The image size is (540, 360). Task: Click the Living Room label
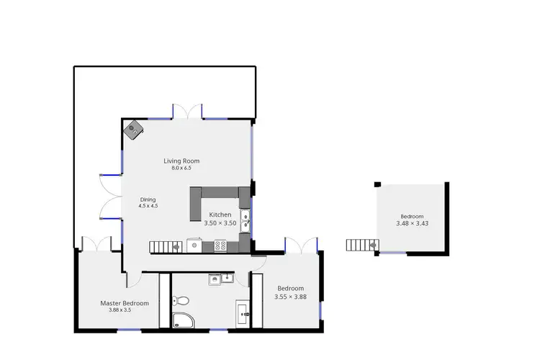click(181, 161)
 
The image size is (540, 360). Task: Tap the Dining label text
click(148, 199)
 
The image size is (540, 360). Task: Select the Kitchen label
click(220, 215)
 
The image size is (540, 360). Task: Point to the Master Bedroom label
click(125, 303)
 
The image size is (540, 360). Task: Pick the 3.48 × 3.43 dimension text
click(412, 224)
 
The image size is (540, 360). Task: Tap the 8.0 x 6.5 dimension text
click(181, 168)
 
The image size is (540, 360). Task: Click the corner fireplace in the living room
click(134, 130)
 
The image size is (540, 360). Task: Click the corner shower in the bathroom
click(182, 323)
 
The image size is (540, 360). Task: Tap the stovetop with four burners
click(221, 246)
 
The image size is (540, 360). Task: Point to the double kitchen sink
click(246, 220)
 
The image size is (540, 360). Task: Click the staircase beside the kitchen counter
click(165, 246)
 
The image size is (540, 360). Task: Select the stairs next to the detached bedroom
click(359, 245)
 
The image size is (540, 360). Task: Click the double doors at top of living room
click(187, 111)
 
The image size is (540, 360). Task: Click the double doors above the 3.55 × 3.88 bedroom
click(301, 245)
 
